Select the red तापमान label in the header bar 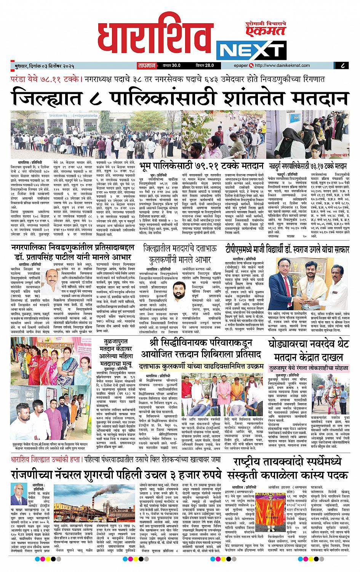[145, 66]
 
